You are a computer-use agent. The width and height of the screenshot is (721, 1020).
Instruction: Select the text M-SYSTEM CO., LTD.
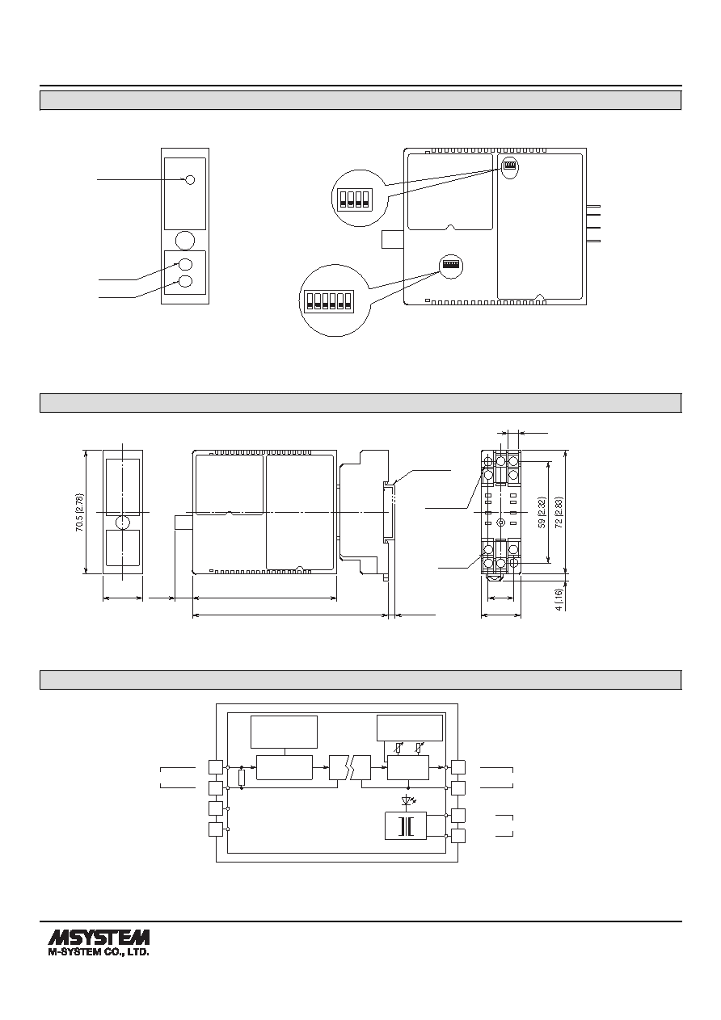coord(99,951)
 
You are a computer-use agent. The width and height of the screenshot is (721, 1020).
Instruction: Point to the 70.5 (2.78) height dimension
coord(81,512)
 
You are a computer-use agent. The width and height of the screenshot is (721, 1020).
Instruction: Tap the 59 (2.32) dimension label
coord(542,512)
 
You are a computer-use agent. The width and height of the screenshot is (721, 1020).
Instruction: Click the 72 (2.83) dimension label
coord(559,512)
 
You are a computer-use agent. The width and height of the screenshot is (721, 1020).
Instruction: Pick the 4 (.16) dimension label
coord(559,599)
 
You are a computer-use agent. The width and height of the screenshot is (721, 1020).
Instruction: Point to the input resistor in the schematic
coord(242,778)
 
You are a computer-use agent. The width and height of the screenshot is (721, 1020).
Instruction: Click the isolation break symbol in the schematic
coord(350,767)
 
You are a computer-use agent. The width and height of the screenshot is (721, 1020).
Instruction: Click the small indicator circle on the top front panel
coord(191,180)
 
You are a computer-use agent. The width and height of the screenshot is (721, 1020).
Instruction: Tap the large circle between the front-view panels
coord(185,240)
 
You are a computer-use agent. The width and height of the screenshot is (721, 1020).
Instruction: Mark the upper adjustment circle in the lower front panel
coord(185,264)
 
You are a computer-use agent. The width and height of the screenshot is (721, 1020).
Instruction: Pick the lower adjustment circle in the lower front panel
coord(185,282)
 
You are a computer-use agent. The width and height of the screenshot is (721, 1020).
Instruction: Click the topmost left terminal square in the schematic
coord(216,767)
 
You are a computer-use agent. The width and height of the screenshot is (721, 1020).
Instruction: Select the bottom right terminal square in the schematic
coord(458,836)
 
